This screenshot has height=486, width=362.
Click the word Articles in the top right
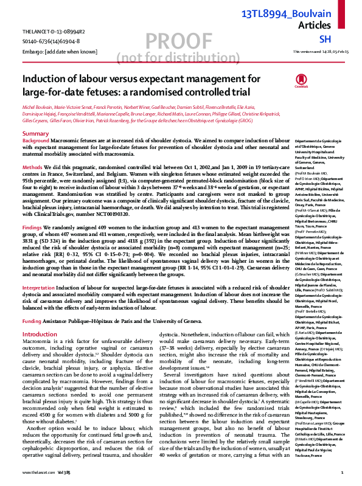pyautogui.click(x=331, y=26)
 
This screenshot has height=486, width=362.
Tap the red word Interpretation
pyautogui.click(x=40, y=287)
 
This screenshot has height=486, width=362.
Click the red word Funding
pyautogui.click(x=32, y=320)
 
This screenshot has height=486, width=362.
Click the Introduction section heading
pyautogui.click(x=40, y=335)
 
